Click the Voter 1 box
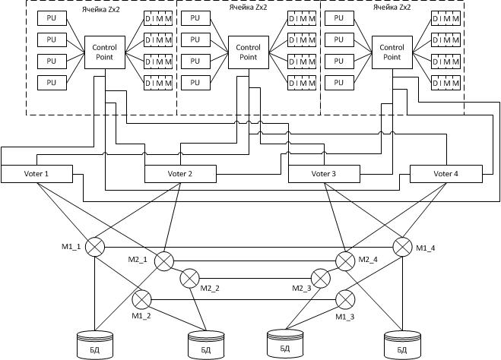pos(36,174)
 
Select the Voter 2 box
pos(179,174)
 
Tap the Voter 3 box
pos(323,174)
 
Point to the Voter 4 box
pos(446,174)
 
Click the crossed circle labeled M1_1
pos(94,246)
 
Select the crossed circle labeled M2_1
pos(164,262)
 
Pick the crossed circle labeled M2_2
pos(189,279)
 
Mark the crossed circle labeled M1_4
pos(402,246)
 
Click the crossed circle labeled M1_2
pos(142,298)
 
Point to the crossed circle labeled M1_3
pos(346,298)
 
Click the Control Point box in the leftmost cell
pos(104,52)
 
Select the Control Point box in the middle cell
pos(248,52)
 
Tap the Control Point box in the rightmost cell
pos(392,52)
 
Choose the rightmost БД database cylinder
pos(402,344)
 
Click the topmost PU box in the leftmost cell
pos(51,17)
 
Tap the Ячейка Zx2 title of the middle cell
pos(248,5)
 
